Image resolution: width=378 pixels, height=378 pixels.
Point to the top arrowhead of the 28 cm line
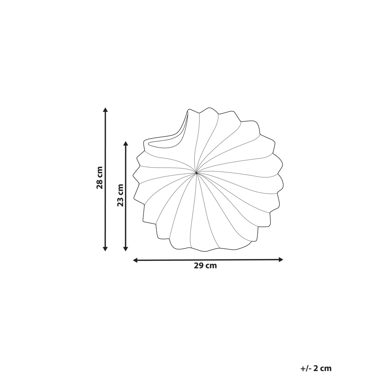pos(105,110)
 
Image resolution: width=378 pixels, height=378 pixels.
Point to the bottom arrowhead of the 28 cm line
pos(105,249)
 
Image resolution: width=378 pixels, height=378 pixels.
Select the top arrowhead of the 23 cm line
pos(126,143)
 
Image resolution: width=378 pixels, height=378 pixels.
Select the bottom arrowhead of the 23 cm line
pos(126,249)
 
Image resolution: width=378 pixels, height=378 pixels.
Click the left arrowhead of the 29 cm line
pos(135,260)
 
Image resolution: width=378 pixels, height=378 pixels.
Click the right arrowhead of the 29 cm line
pos(281,260)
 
